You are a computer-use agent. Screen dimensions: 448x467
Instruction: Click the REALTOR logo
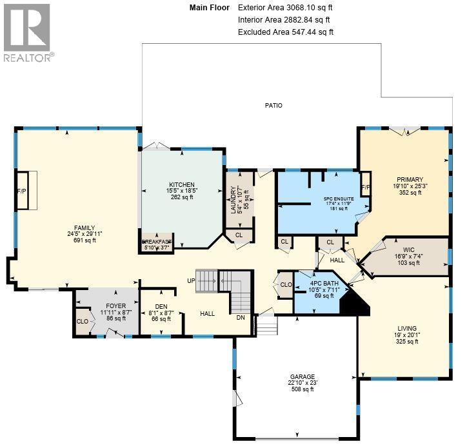pyautogui.click(x=26, y=32)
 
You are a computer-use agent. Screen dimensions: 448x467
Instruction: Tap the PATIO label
pyautogui.click(x=273, y=105)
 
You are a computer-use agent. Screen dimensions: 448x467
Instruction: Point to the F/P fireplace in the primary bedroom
pyautogui.click(x=365, y=187)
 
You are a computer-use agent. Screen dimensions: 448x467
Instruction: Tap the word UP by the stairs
pyautogui.click(x=190, y=281)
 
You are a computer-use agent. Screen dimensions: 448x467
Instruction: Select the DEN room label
pyautogui.click(x=161, y=307)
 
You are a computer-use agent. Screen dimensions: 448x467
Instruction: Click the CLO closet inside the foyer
pyautogui.click(x=83, y=321)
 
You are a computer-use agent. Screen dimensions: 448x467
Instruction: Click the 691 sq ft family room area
pyautogui.click(x=84, y=240)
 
